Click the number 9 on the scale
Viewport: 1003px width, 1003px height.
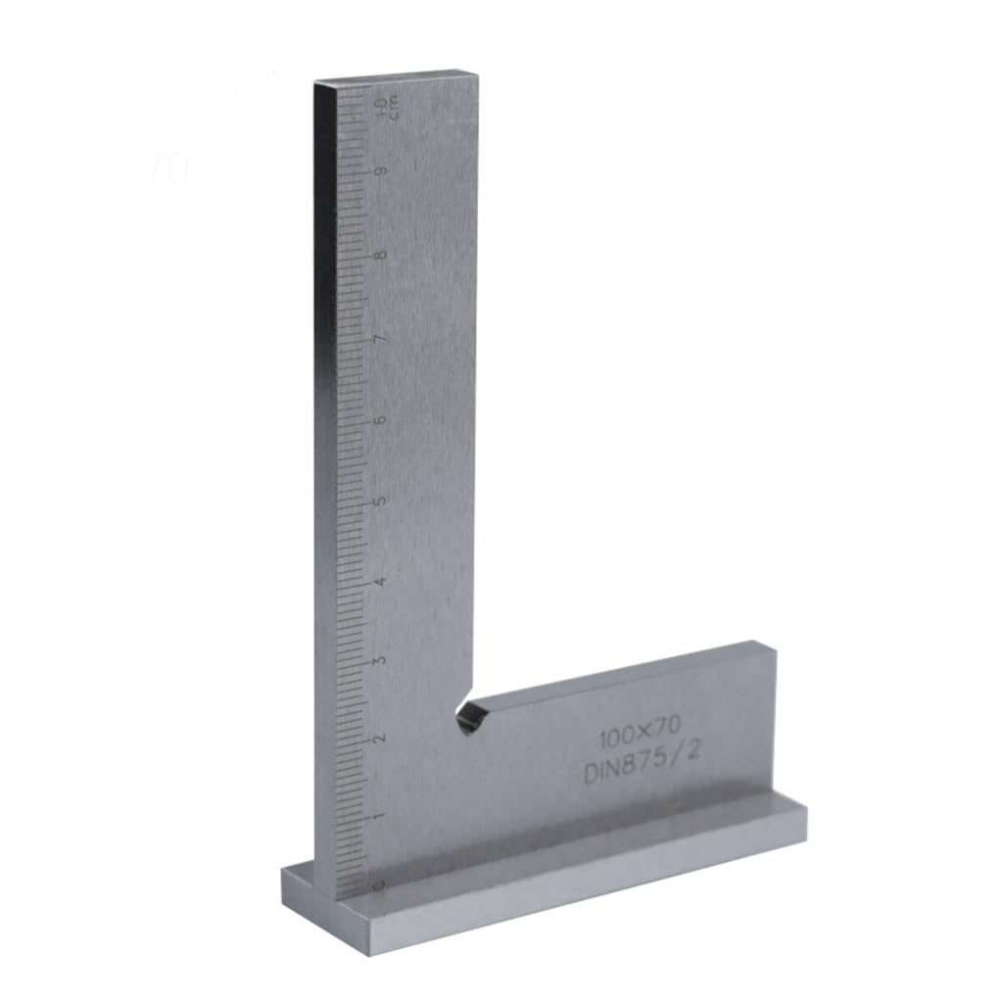(x=380, y=170)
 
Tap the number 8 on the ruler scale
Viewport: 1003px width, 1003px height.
(x=380, y=255)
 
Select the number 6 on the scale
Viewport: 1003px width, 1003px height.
(x=380, y=419)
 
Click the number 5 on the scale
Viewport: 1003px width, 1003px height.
(x=380, y=501)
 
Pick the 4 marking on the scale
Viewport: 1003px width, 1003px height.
(x=380, y=581)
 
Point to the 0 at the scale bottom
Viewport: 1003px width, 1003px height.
(x=379, y=884)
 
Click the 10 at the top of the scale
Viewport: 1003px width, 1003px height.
(x=383, y=102)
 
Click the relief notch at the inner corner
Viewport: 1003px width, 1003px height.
(x=469, y=718)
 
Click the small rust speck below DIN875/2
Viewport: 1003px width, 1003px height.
(x=674, y=805)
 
